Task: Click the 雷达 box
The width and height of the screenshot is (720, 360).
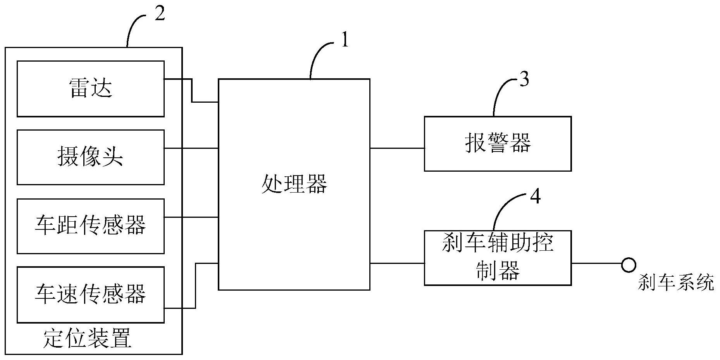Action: point(90,88)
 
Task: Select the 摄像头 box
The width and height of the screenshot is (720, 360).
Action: point(90,157)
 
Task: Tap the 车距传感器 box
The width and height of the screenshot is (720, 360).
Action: point(90,226)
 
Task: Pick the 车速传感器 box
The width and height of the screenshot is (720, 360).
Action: point(90,295)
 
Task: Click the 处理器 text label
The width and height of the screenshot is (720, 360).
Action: point(294,184)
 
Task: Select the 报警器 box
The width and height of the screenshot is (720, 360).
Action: point(497,143)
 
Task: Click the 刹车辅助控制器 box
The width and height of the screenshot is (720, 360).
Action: point(497,258)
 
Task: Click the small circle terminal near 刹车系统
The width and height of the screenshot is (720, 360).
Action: point(628,265)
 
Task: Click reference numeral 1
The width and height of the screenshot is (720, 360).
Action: point(344,40)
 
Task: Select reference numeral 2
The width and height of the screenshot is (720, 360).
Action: point(159,14)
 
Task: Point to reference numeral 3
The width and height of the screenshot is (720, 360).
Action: point(524,80)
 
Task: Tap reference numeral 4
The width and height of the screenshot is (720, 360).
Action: point(535,197)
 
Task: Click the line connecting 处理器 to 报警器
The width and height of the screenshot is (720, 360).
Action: point(397,148)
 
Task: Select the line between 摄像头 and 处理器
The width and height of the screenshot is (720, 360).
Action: point(191,148)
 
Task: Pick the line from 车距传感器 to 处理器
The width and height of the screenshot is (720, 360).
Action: point(191,217)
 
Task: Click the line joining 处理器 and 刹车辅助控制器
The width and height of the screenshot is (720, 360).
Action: point(397,264)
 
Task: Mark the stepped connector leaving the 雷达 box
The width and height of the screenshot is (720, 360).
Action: point(192,91)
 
